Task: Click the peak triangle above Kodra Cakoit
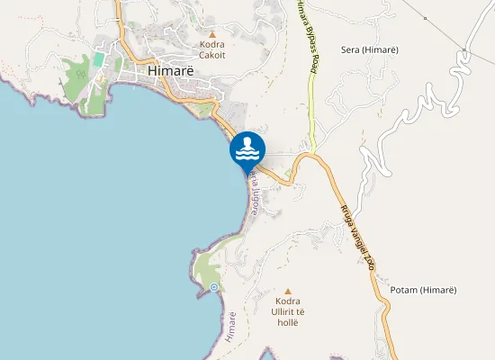[212, 33]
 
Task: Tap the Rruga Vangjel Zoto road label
[357, 236]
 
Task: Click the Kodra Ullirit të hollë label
[289, 310]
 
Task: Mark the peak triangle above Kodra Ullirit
[289, 291]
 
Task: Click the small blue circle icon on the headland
[214, 287]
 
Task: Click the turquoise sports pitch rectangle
[97, 60]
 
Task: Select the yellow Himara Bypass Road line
[312, 108]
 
